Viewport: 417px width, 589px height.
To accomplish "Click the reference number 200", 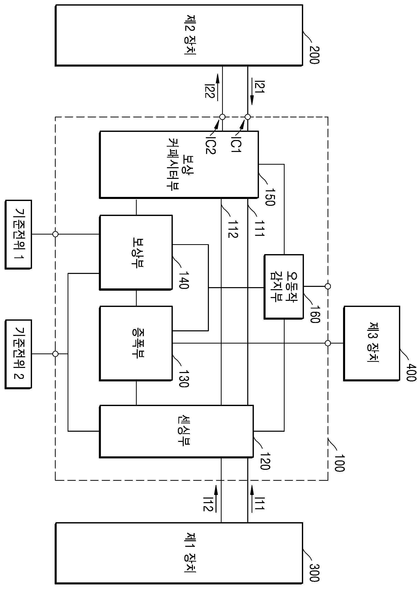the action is pos(314,55).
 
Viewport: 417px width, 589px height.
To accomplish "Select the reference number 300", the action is pos(314,572).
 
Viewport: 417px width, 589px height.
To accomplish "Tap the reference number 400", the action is pos(411,372).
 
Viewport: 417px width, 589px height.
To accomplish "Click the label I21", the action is pos(259,87).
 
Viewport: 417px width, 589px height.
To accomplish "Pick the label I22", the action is pos(209,90).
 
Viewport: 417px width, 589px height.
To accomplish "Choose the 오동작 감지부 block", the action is pos(284,287).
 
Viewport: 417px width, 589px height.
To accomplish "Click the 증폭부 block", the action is pos(136,343).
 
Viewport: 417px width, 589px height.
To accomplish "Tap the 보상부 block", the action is pos(136,252).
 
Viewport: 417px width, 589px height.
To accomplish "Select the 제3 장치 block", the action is pos(372,343).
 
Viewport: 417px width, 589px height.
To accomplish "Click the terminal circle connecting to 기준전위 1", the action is pos(55,234).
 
